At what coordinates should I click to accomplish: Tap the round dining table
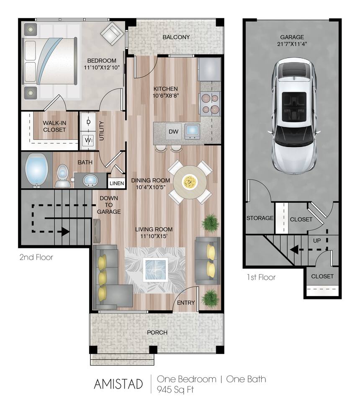click(x=190, y=182)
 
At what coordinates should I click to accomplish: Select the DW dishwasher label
click(x=174, y=132)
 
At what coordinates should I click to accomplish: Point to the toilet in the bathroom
click(x=62, y=175)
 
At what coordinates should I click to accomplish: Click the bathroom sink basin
click(x=90, y=181)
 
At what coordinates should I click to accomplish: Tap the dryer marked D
click(x=88, y=122)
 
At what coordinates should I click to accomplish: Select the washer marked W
click(x=88, y=140)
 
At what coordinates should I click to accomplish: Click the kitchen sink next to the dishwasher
click(x=192, y=131)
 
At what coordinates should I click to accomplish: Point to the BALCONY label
click(x=176, y=37)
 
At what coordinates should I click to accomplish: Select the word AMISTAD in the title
click(x=118, y=384)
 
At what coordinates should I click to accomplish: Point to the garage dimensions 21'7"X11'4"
click(x=292, y=44)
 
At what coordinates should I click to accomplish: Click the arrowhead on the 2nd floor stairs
click(x=65, y=231)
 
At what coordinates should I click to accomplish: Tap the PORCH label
click(x=157, y=332)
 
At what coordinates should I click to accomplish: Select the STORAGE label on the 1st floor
click(x=260, y=218)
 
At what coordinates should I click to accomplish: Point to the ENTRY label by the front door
click(x=185, y=303)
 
